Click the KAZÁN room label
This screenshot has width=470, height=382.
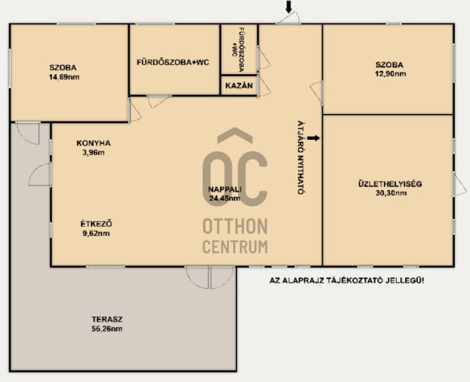pyautogui.click(x=239, y=86)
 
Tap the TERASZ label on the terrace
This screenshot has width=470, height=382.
pyautogui.click(x=107, y=319)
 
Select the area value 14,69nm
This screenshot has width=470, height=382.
pyautogui.click(x=64, y=77)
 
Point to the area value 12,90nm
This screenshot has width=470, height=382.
pyautogui.click(x=391, y=73)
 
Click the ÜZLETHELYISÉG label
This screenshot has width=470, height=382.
pyautogui.click(x=390, y=183)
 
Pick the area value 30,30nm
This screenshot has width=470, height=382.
pyautogui.click(x=391, y=193)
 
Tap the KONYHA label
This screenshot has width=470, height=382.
pyautogui.click(x=93, y=143)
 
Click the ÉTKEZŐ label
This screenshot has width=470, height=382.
pyautogui.click(x=96, y=224)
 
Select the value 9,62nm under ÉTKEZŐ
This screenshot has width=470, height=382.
pyautogui.click(x=96, y=233)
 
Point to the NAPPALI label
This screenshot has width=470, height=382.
pyautogui.click(x=225, y=189)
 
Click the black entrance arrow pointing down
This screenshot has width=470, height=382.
pyautogui.click(x=288, y=7)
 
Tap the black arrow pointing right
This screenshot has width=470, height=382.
pyautogui.click(x=313, y=138)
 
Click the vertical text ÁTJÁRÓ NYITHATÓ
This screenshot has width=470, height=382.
pyautogui.click(x=300, y=157)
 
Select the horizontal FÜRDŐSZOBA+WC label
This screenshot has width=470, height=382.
pyautogui.click(x=173, y=63)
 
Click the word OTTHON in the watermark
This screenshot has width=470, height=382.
pyautogui.click(x=235, y=226)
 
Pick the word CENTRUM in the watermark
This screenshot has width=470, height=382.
pyautogui.click(x=235, y=247)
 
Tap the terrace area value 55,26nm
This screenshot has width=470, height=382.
pyautogui.click(x=107, y=329)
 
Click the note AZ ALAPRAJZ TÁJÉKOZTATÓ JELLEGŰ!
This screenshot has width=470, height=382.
pyautogui.click(x=347, y=280)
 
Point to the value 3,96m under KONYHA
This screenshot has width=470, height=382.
pyautogui.click(x=93, y=153)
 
